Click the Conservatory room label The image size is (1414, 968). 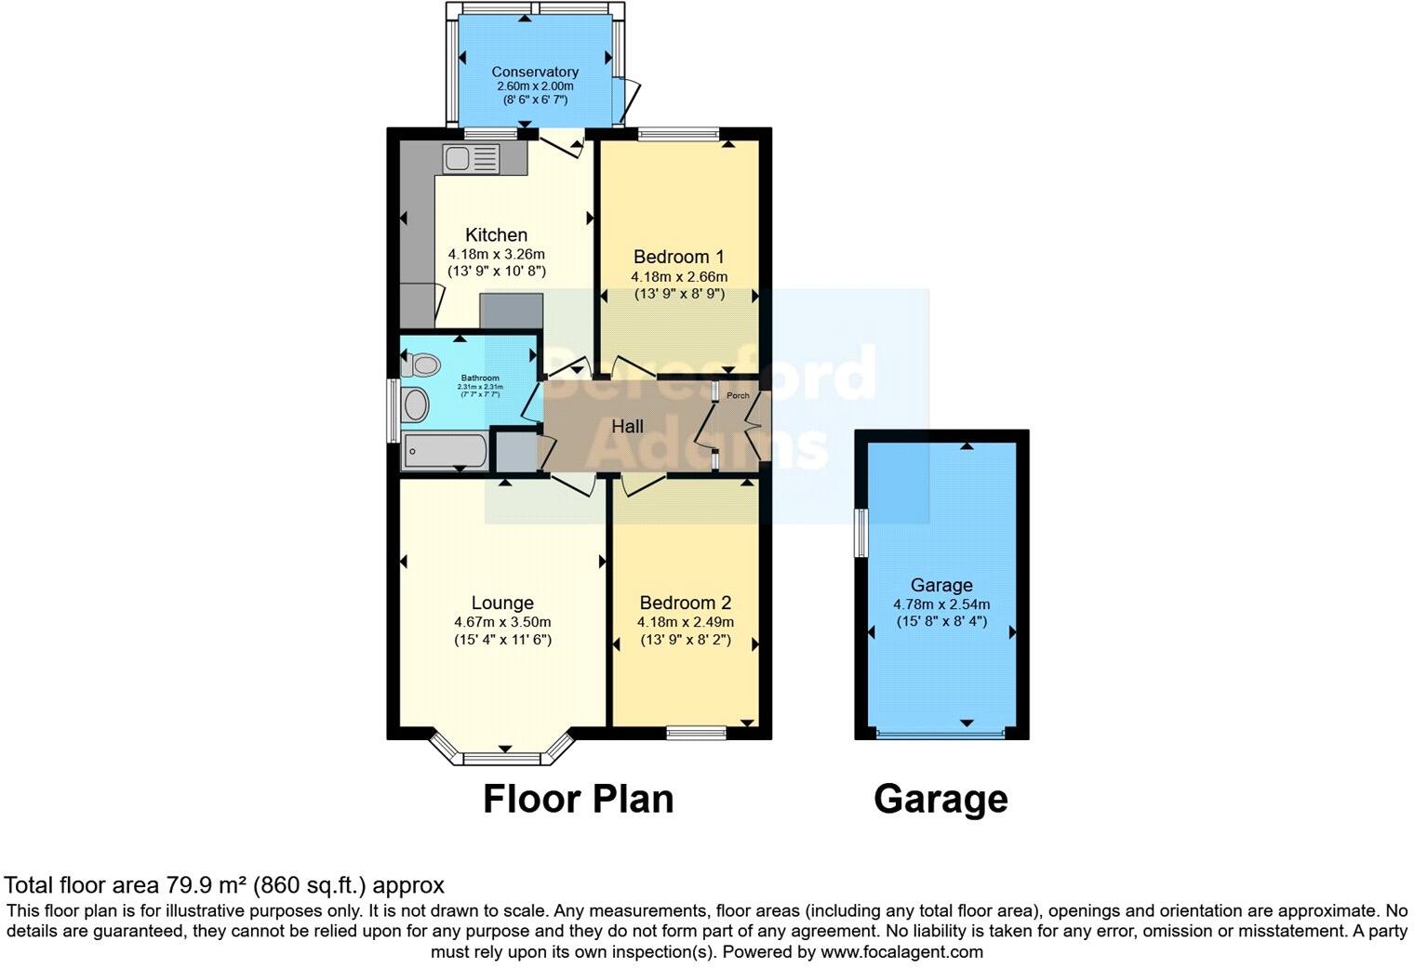point(535,72)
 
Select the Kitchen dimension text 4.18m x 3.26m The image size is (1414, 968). point(496,254)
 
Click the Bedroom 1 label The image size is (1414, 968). point(678,257)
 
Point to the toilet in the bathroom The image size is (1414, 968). point(420,364)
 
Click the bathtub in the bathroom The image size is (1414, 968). point(445,453)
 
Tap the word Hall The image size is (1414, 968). point(627,427)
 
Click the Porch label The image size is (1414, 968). point(738,396)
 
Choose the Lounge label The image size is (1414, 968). point(502,603)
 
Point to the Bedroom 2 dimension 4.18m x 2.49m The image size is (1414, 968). point(686,622)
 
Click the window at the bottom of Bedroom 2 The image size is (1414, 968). point(696,734)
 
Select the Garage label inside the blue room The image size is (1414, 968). point(941,585)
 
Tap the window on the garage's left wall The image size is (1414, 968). point(861,532)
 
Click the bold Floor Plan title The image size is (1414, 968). point(578,799)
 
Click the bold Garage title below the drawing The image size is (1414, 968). point(940,799)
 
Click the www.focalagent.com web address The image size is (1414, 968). point(901,951)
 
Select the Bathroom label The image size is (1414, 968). point(480,378)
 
